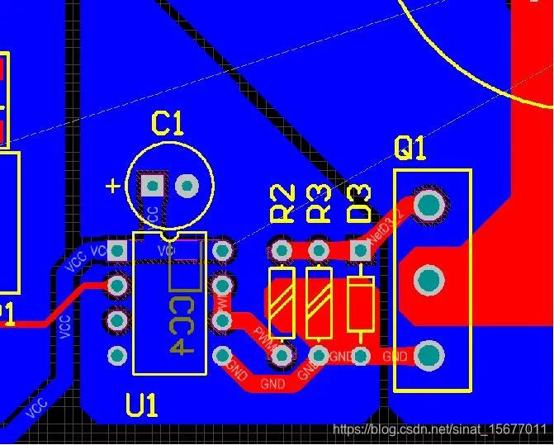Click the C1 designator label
point(168,124)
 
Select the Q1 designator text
point(410,149)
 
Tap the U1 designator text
point(142,405)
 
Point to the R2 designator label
point(283,204)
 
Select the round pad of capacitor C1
point(187,185)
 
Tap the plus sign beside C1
point(113,186)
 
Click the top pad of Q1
point(429,204)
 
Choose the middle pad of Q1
point(429,282)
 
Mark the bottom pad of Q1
point(429,356)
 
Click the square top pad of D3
point(361,249)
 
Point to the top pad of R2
point(282,249)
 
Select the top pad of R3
point(318,249)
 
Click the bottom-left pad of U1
point(117,356)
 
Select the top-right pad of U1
point(222,249)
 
